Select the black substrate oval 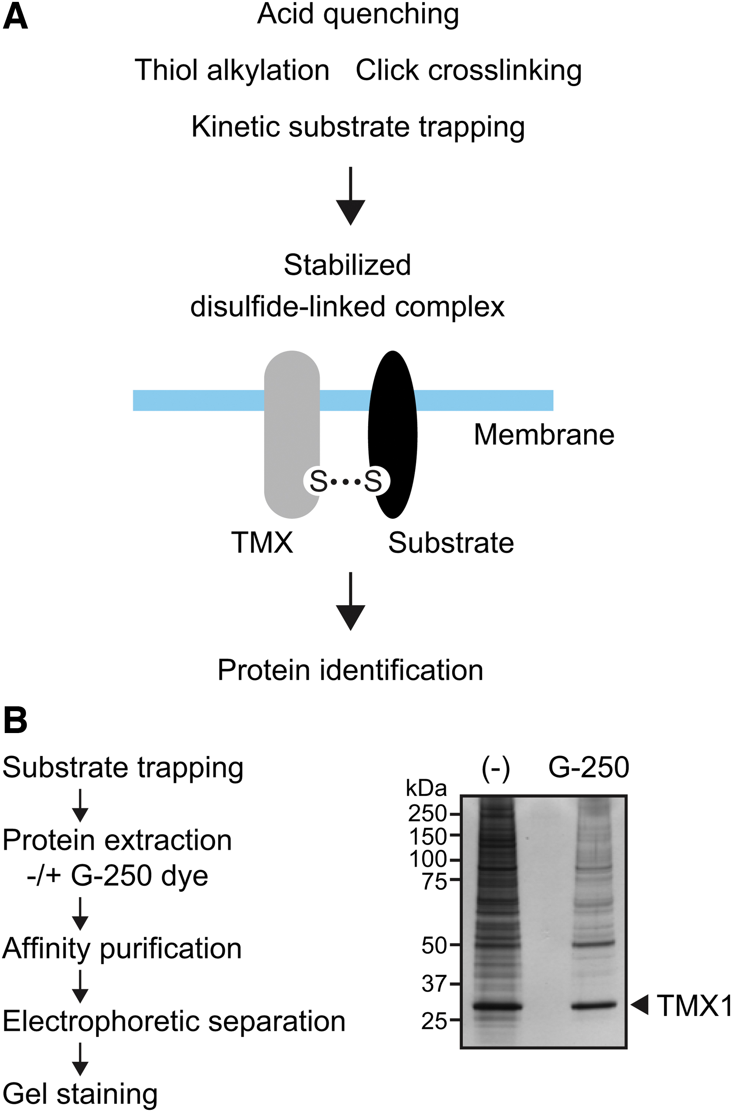click(393, 435)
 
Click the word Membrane click(544, 435)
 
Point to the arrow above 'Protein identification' click(350, 601)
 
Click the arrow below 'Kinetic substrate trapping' click(350, 196)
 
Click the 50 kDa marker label click(434, 945)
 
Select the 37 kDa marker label click(434, 984)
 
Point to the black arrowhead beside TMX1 click(639, 1004)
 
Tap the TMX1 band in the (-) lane click(497, 1006)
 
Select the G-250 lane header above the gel click(589, 767)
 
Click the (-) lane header click(496, 769)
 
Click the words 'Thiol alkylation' click(232, 70)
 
